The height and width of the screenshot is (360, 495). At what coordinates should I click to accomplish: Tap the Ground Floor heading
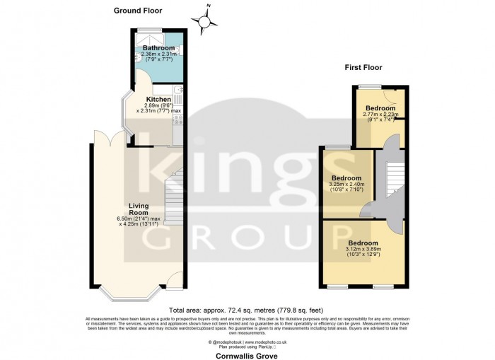click(138, 11)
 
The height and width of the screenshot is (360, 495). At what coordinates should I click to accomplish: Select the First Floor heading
click(363, 68)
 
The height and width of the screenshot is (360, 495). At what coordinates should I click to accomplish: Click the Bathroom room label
click(158, 48)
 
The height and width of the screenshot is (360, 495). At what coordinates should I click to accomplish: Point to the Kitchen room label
click(158, 100)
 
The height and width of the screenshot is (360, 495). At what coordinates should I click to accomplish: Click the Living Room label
click(138, 209)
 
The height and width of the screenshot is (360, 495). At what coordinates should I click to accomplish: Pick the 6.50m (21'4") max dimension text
click(139, 219)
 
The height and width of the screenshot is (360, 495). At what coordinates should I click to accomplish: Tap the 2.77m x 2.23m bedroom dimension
click(380, 114)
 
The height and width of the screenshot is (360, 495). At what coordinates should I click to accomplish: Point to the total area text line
click(247, 310)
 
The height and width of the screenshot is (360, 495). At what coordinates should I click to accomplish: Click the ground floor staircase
click(174, 202)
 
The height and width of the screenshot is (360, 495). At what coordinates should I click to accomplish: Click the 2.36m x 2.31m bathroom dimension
click(158, 54)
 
